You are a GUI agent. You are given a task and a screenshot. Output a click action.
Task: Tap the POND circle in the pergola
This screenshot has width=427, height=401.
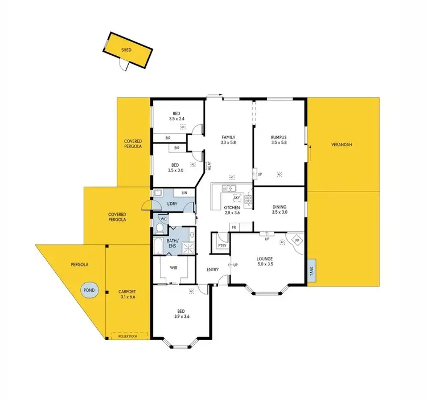(89, 290)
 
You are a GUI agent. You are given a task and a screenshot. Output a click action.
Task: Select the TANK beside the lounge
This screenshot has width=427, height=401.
(311, 272)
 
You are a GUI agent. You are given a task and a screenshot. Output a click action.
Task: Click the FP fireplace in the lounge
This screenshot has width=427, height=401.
(297, 240)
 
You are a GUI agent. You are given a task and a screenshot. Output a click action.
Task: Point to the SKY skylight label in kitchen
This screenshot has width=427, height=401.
(236, 197)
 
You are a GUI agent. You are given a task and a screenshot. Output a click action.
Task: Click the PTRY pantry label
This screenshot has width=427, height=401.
(221, 245)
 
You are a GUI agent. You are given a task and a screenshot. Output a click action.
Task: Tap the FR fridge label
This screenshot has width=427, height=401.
(233, 227)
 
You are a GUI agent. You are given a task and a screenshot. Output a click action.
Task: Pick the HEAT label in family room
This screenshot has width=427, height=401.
(210, 166)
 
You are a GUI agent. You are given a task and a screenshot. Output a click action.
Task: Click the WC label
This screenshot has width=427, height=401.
(163, 219)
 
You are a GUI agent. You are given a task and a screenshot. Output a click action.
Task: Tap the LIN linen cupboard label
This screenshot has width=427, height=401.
(184, 193)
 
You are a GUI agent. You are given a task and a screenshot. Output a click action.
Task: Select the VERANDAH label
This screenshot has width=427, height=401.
(342, 145)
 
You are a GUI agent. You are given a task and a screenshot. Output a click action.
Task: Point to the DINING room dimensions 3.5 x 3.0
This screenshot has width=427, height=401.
(279, 212)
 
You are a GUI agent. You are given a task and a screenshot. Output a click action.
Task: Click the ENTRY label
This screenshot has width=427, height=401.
(212, 270)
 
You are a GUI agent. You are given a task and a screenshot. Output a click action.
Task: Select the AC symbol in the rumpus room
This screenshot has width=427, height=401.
(279, 174)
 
